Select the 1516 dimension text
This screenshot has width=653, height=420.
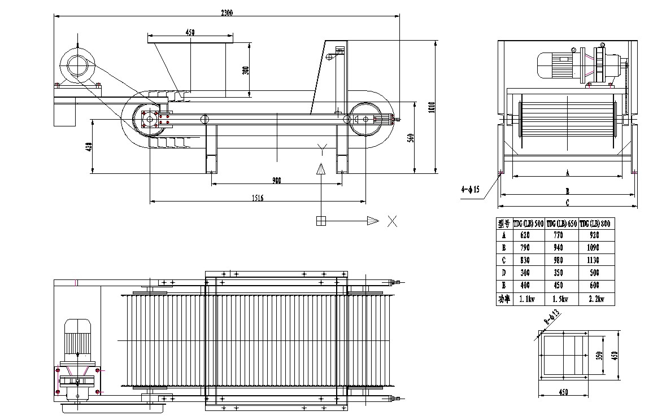point(257,198)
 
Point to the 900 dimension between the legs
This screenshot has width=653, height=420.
point(276,181)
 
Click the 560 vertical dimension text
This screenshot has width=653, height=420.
point(411,137)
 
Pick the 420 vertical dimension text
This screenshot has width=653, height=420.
point(89,147)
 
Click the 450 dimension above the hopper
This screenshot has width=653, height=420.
point(190,33)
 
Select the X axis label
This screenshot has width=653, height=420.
point(392,221)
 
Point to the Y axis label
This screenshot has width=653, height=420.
point(321,149)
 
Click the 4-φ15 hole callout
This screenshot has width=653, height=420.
point(470,190)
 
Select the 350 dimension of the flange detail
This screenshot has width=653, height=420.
point(600,355)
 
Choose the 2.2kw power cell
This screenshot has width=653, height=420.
point(597,300)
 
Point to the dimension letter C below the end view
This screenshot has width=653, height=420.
point(567,202)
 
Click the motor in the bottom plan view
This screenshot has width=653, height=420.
point(78,339)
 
